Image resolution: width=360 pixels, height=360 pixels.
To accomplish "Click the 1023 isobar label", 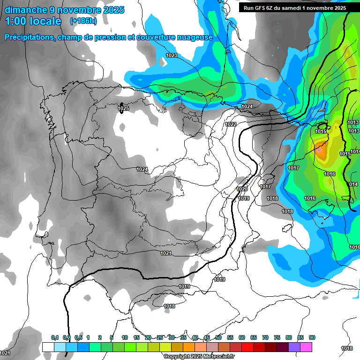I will tap(172, 55).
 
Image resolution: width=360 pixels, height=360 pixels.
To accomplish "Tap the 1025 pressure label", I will tap(123, 108).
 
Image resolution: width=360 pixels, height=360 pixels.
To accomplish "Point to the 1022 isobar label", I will tap(231, 124).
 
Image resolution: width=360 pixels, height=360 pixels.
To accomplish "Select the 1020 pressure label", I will tap(242, 189).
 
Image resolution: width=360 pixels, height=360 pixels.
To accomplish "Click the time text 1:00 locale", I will tap(33, 21).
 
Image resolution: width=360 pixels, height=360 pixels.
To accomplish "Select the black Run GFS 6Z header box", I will tap(294, 7).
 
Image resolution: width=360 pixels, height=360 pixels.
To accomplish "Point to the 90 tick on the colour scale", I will tap(312, 337).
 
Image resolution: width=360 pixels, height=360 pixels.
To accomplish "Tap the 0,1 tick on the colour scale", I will tap(54, 337).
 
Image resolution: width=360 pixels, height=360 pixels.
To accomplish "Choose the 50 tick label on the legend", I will tap(218, 337).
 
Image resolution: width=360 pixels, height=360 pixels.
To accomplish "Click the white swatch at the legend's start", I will tap(48, 347).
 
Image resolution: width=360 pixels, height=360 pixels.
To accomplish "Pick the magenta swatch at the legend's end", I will tap(306, 347).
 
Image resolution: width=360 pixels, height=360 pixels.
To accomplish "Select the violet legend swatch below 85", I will tap(294, 347).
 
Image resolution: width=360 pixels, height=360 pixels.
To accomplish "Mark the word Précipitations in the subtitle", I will tap(29, 37).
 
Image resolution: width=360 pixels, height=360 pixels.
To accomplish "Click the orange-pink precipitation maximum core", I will tap(320, 151).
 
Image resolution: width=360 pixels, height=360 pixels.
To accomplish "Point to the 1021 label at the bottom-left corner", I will tap(5, 352).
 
